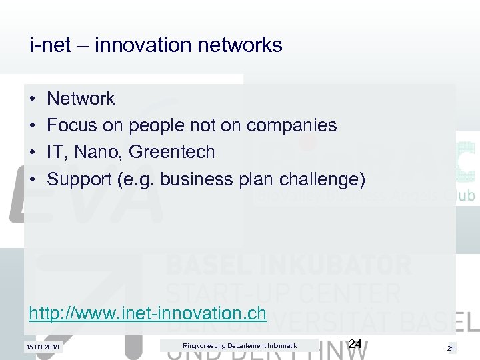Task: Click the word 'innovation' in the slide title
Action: coord(139,45)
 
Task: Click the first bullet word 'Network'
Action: coord(81,99)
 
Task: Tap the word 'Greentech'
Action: coord(172,152)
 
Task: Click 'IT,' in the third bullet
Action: coord(57,152)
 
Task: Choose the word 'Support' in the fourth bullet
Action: coord(75,179)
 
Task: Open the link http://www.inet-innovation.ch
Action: coord(148,313)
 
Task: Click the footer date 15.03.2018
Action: coord(42,347)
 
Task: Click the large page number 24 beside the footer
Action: coord(355,344)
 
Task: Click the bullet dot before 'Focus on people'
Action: coord(33,125)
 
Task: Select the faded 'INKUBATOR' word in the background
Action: coord(339,265)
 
